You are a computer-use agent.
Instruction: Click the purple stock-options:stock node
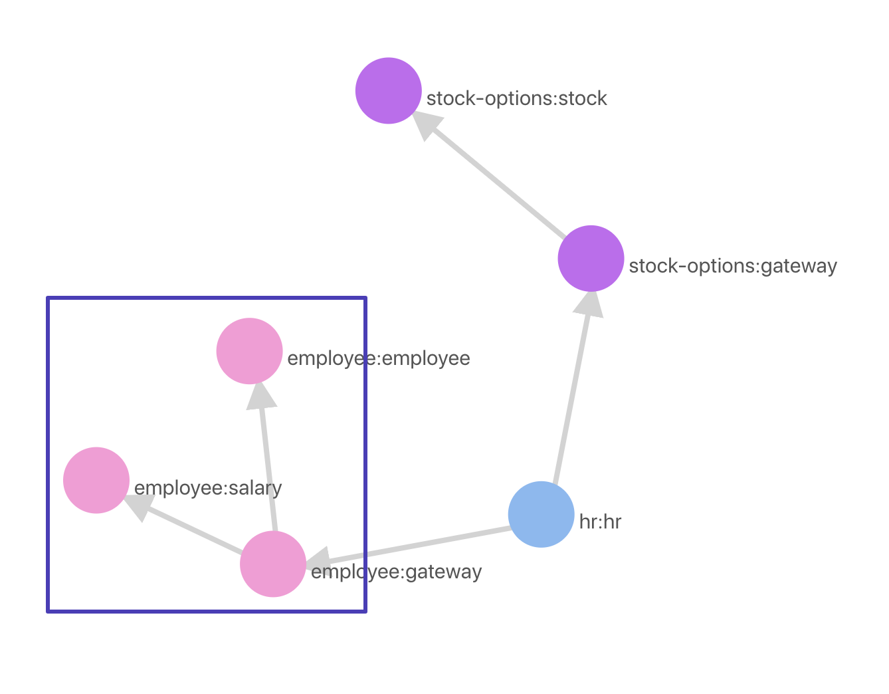pos(389,90)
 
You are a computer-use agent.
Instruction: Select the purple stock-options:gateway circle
pos(591,259)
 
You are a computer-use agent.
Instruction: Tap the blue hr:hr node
pos(541,515)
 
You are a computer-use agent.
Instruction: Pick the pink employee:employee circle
pos(249,351)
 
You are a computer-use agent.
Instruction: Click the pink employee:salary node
pos(96,480)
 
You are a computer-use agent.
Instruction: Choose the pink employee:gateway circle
pos(273,564)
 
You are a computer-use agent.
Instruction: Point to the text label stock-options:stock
pos(516,98)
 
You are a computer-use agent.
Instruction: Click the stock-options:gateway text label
pos(732,266)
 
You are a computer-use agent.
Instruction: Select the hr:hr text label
pos(600,522)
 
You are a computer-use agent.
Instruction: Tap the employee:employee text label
pos(379,358)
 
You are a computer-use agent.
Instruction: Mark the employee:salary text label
pos(208,488)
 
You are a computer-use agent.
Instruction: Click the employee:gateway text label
pos(396,572)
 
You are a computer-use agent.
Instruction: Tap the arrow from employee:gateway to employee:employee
pos(267,465)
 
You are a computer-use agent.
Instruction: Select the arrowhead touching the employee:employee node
pos(260,396)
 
